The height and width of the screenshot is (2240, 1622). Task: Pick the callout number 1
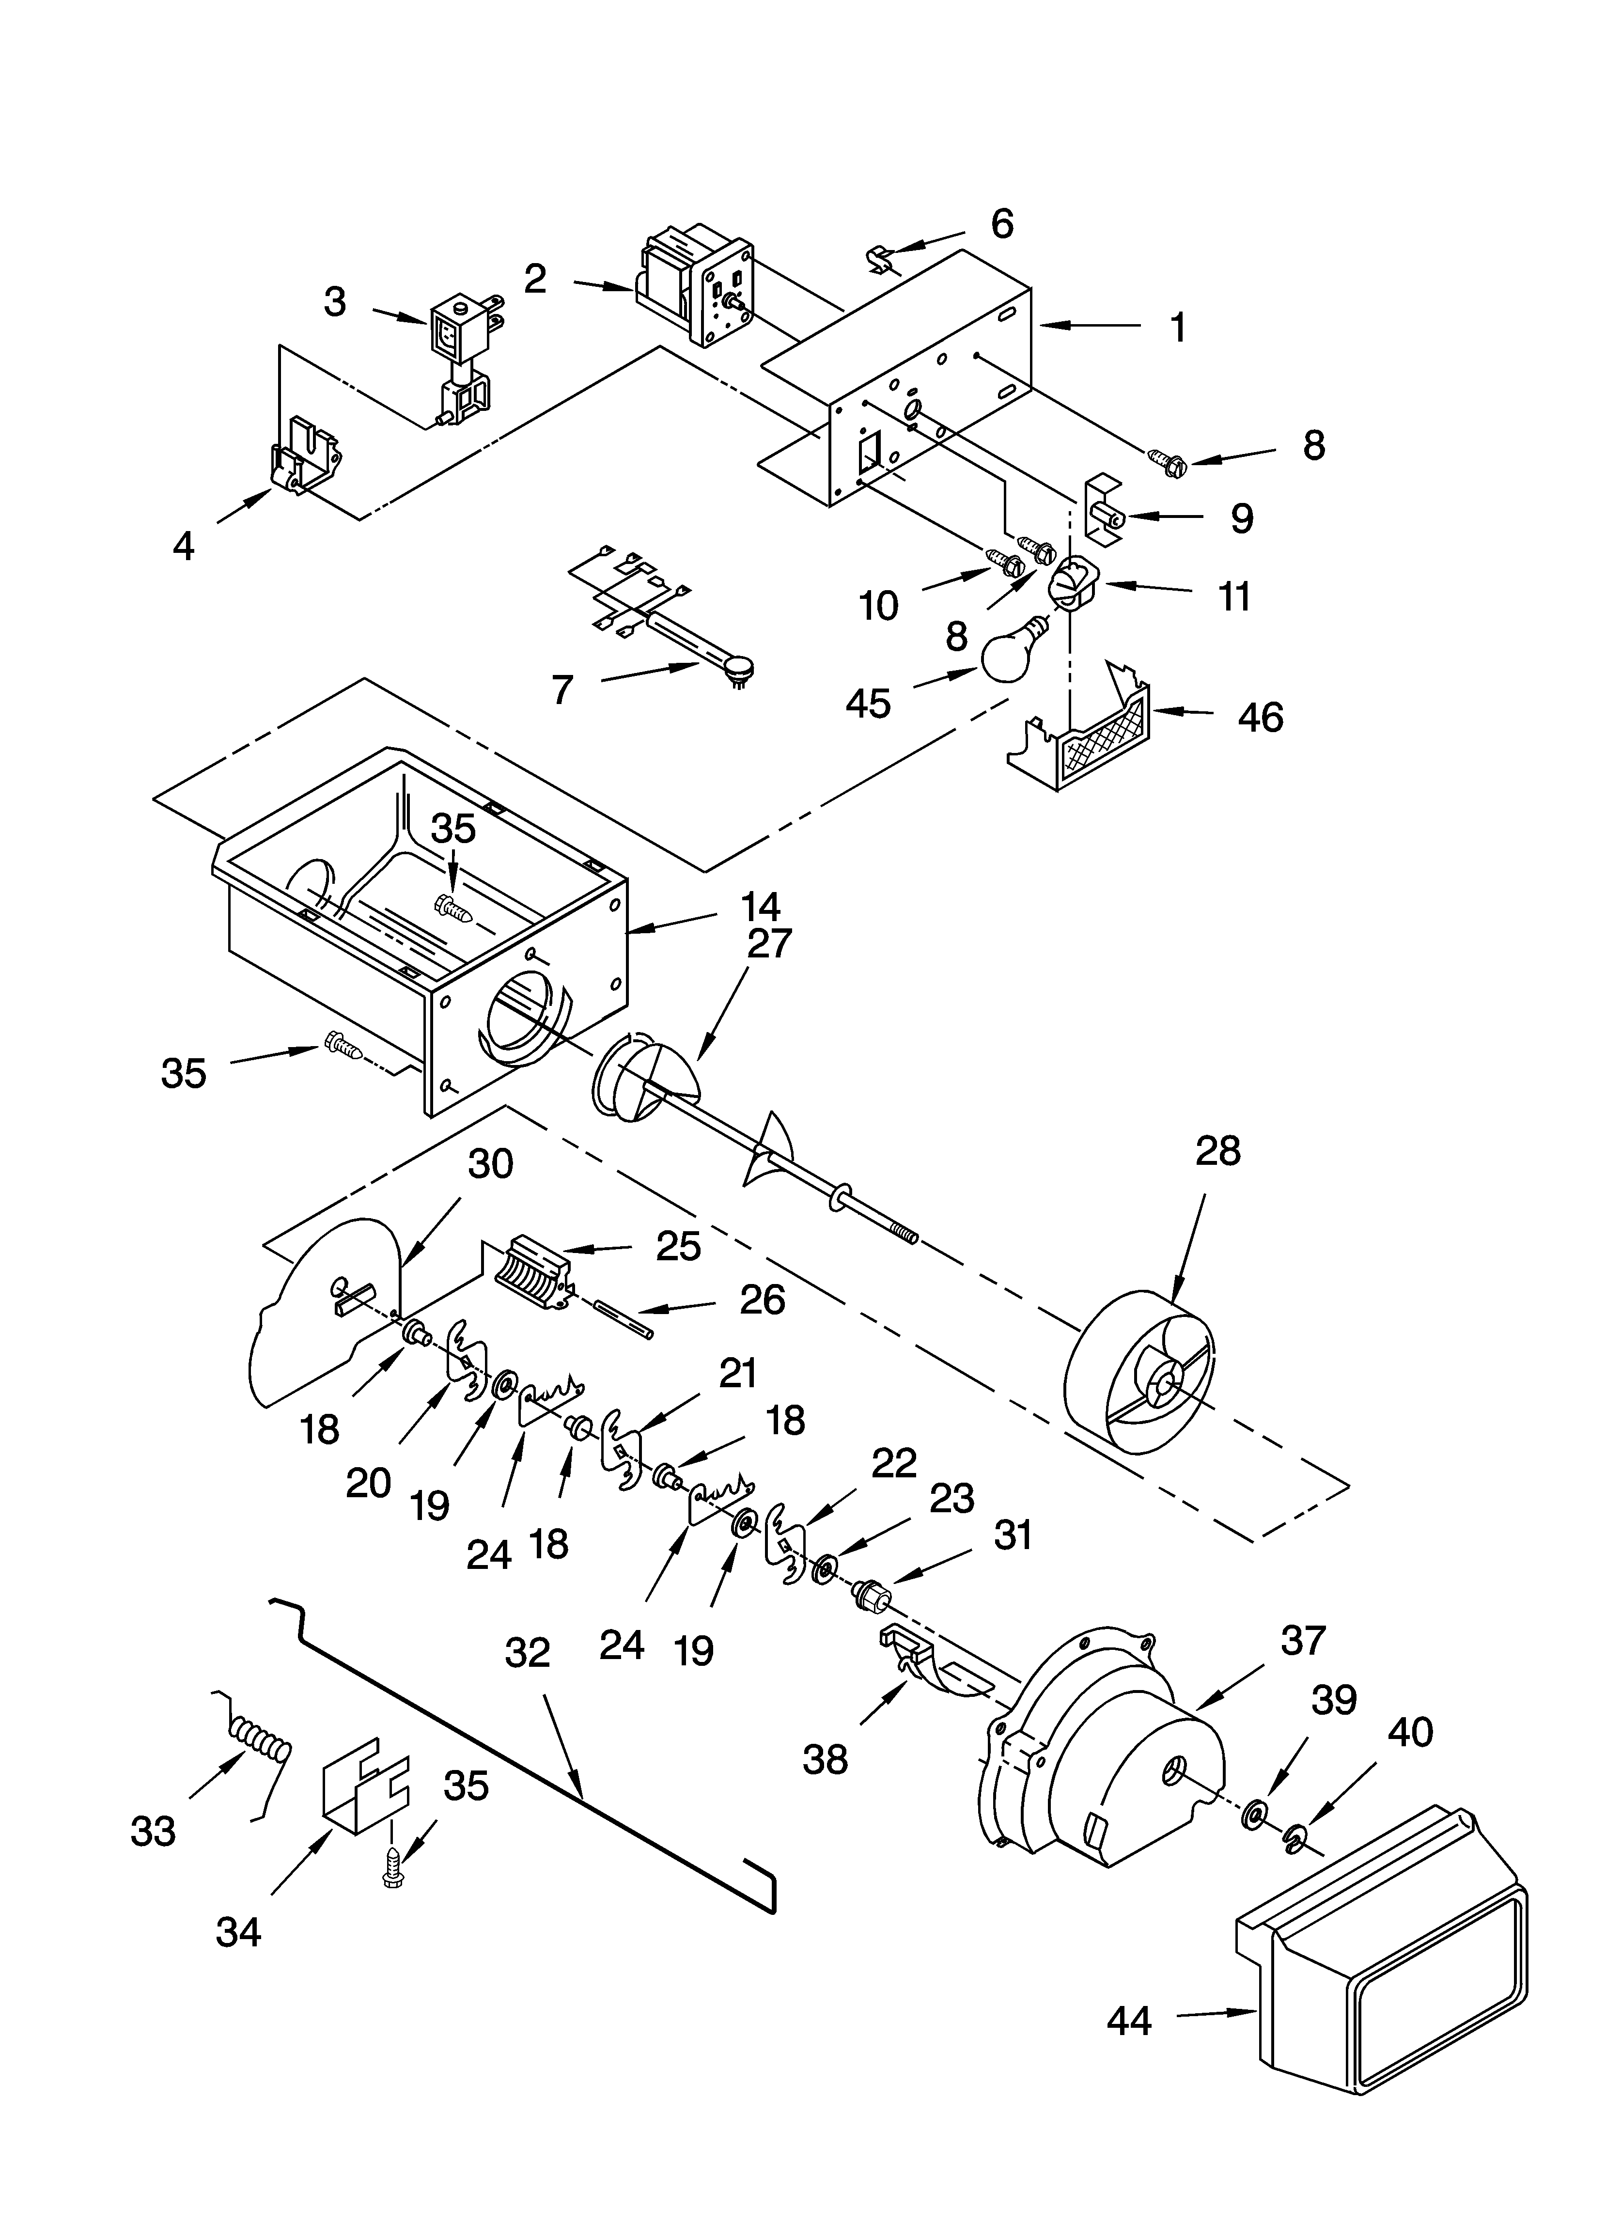1177,327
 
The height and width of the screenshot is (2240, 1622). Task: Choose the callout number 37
1302,1641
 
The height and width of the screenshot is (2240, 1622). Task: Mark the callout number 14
761,907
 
